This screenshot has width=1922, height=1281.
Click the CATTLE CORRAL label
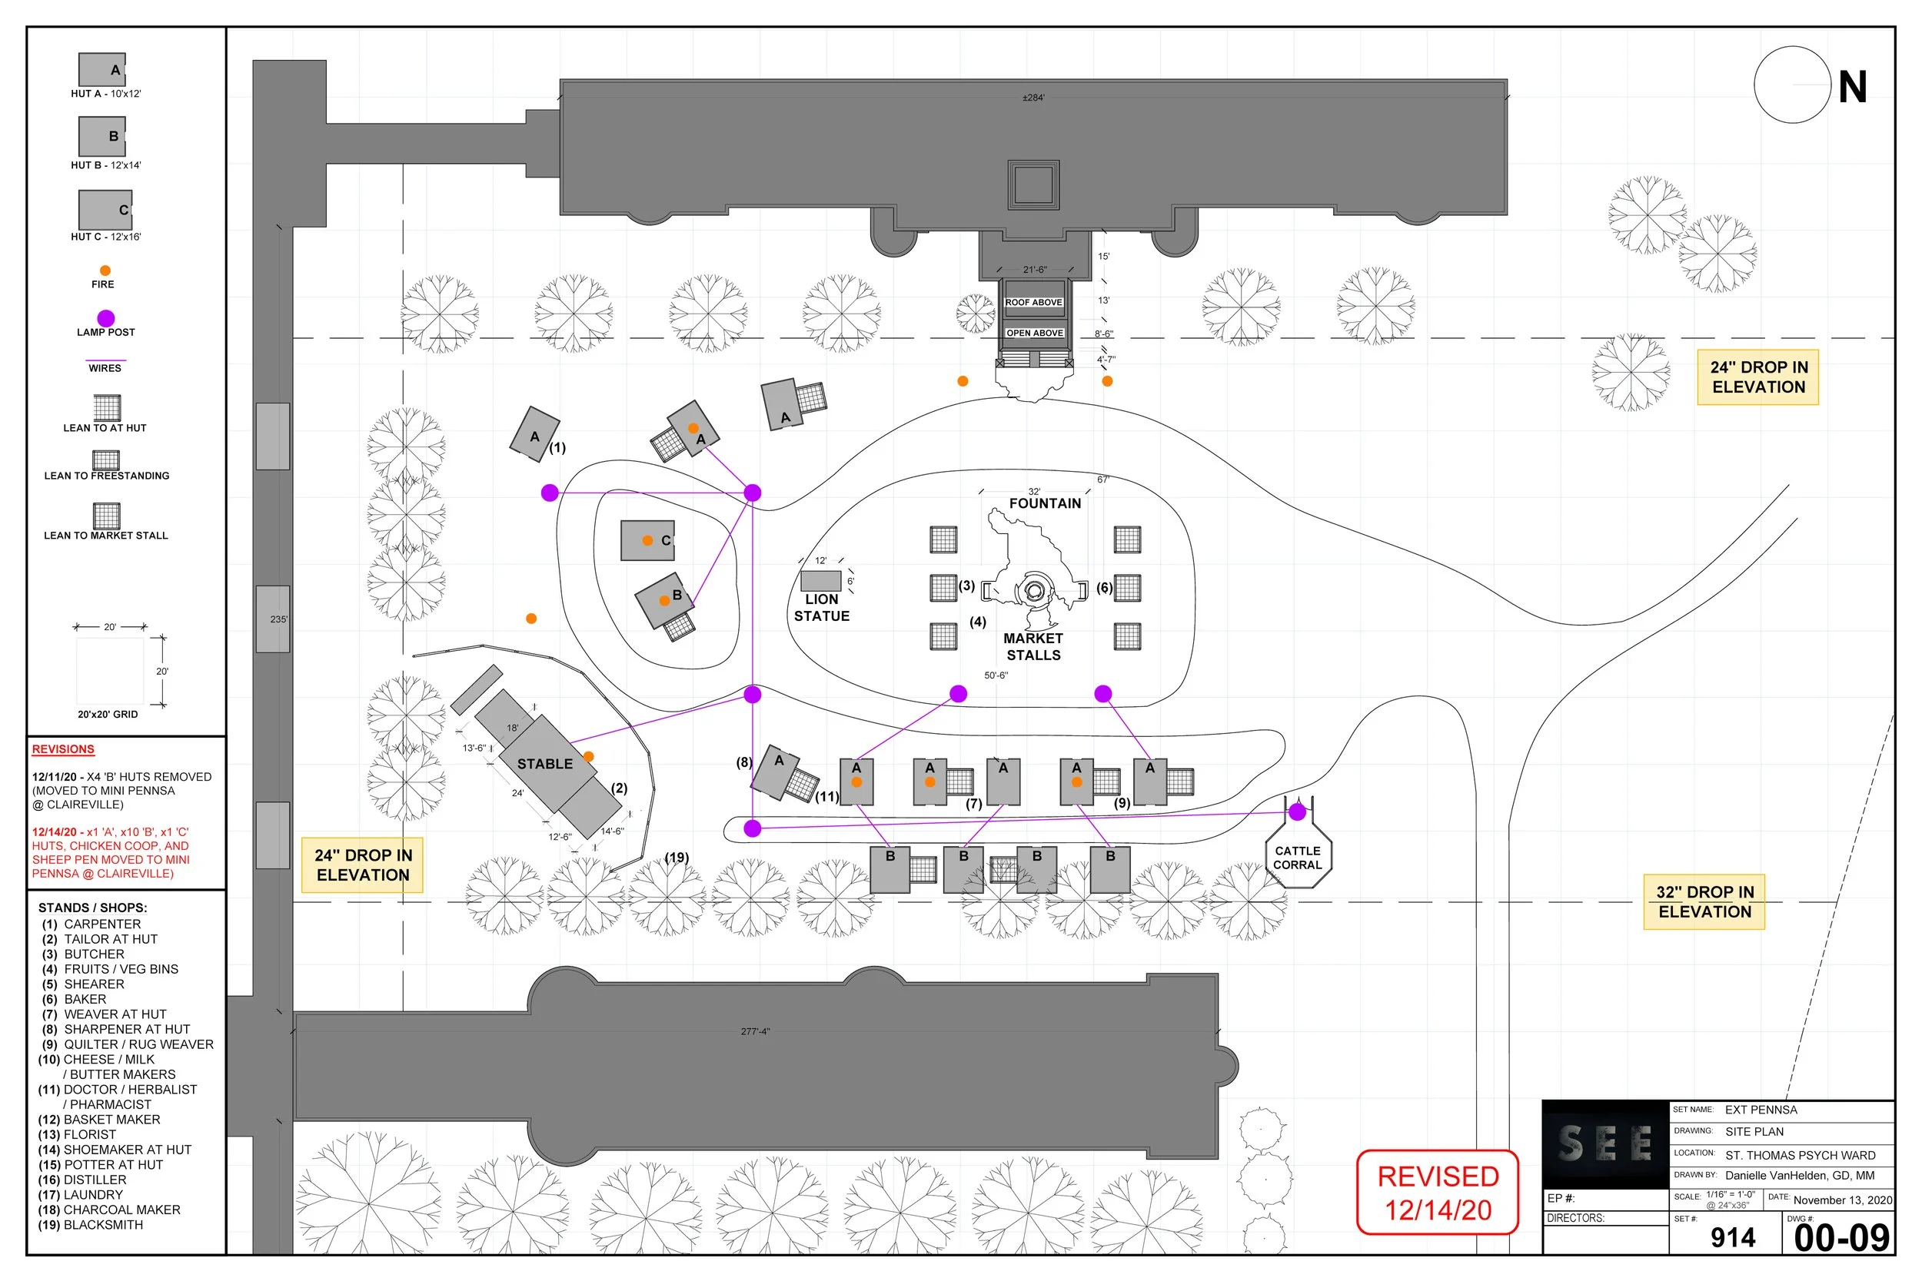tap(1297, 857)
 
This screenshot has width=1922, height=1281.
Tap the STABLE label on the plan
tap(544, 764)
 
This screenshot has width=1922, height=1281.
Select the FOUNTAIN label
tap(1044, 503)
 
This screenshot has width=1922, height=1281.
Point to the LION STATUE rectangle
tap(820, 581)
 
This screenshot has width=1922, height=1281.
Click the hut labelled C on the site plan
tap(647, 541)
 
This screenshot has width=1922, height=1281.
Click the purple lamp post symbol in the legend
tap(105, 318)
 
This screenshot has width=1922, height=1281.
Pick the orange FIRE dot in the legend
tap(105, 270)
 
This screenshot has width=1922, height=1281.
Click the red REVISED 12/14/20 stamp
tap(1438, 1193)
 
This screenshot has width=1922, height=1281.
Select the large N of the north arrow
tap(1853, 88)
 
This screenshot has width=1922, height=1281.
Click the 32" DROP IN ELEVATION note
tap(1704, 902)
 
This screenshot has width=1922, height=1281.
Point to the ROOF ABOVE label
tap(1033, 302)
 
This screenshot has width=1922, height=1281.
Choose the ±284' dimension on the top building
tap(1033, 98)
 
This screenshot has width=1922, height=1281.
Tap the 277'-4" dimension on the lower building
tap(755, 1032)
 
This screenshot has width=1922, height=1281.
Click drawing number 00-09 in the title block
tap(1842, 1239)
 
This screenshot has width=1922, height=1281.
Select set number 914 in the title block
tap(1732, 1239)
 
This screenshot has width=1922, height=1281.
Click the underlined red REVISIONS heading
tap(63, 749)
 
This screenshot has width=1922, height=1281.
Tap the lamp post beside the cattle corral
tap(1297, 812)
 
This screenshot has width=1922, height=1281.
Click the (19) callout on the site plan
tap(677, 857)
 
